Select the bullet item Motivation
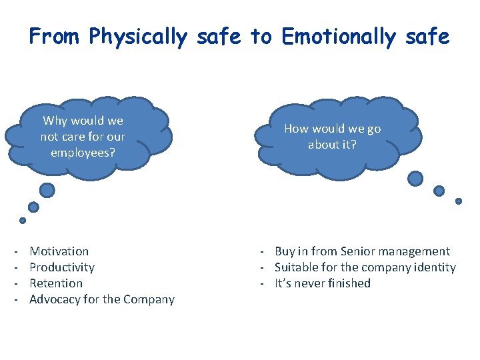(59, 251)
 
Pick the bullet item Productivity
(62, 267)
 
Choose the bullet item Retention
(56, 283)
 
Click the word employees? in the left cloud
(83, 152)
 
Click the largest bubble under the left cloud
(47, 191)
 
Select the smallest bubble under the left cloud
(23, 221)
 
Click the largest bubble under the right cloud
(415, 178)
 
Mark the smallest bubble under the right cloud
(459, 201)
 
